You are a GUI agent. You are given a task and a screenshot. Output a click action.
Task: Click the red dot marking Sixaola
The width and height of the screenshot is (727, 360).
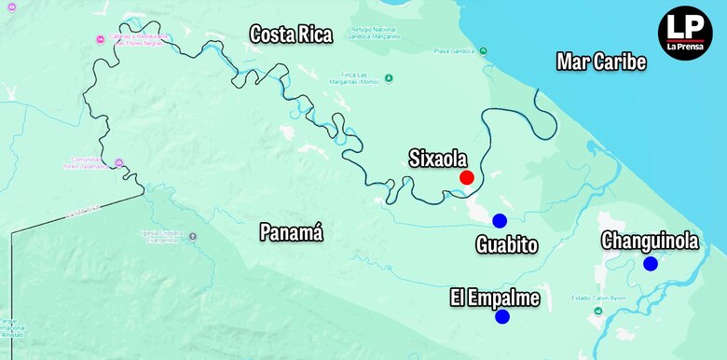(x=467, y=177)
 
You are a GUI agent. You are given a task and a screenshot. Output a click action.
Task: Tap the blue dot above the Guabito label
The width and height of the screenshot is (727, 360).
(x=500, y=221)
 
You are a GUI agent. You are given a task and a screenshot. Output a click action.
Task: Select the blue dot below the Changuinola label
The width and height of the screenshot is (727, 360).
(x=651, y=264)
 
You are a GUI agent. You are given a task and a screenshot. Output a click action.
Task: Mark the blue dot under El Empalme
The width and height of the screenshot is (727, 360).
(x=502, y=317)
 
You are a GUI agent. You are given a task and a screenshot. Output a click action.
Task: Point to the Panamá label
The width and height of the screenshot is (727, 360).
(x=291, y=233)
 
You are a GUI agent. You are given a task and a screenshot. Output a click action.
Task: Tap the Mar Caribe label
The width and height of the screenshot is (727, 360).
(x=601, y=62)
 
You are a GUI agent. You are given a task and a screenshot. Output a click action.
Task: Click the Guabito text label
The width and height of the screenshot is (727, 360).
(x=506, y=245)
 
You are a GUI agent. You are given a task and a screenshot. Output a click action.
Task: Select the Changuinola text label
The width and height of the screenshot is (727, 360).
(x=650, y=241)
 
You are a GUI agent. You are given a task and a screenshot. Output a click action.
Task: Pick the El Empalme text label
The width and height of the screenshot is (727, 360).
(x=495, y=298)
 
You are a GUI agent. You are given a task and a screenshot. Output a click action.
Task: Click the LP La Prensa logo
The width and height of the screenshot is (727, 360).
(x=685, y=35)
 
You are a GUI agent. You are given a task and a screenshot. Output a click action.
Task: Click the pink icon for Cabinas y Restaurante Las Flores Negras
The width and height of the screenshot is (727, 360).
(x=102, y=39)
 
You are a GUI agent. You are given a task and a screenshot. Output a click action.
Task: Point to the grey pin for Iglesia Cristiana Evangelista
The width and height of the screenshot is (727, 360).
(x=192, y=237)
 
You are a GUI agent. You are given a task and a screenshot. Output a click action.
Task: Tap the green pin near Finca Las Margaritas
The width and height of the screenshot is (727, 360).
(x=389, y=78)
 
